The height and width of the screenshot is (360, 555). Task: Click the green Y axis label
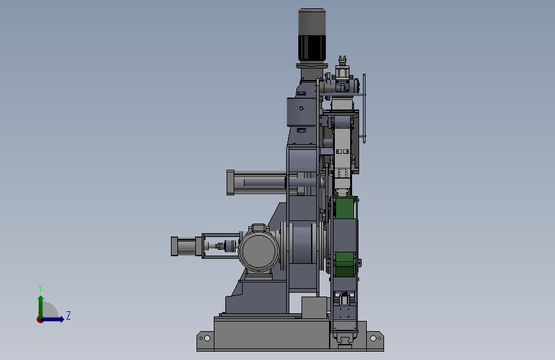[40, 288]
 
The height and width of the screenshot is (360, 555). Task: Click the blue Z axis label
[68, 315]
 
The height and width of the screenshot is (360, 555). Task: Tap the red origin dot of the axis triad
[40, 320]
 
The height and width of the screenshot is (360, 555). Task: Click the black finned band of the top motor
[312, 47]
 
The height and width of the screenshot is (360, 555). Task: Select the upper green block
[345, 208]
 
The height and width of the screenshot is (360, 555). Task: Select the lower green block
[344, 265]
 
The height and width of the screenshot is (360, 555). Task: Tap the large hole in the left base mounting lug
[207, 338]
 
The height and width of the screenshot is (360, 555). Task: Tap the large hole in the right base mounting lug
[373, 338]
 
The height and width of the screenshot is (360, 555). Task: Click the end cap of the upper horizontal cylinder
[230, 183]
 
